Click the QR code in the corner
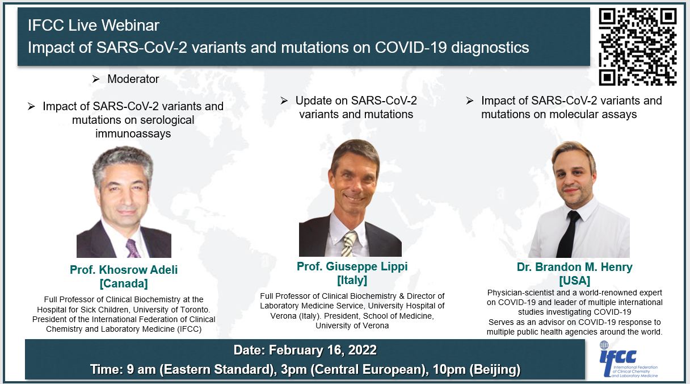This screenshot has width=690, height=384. (638, 47)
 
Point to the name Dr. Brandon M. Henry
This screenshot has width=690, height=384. (574, 267)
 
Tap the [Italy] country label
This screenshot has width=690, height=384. (352, 280)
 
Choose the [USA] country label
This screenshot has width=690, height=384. (574, 281)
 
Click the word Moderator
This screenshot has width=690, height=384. (133, 80)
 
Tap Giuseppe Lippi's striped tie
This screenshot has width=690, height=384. (348, 243)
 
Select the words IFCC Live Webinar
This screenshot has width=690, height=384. (94, 26)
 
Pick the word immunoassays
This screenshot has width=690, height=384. (133, 134)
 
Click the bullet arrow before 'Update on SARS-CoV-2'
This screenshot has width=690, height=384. (284, 101)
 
